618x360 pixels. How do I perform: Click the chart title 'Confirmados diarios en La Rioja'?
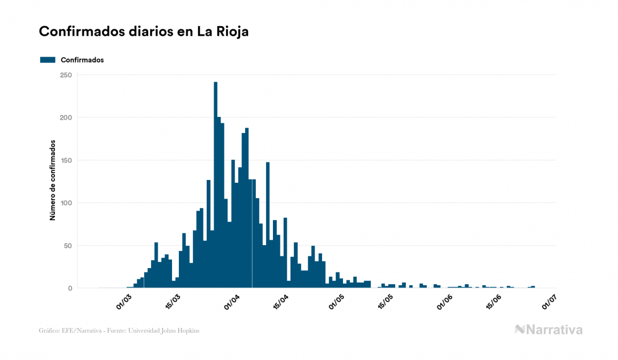[x=144, y=32]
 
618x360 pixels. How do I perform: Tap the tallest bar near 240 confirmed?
[x=215, y=184]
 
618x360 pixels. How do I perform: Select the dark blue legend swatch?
[x=48, y=60]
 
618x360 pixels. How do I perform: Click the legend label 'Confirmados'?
[x=82, y=60]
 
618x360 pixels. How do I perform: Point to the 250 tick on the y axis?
[x=66, y=75]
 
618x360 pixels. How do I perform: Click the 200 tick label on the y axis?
[x=66, y=118]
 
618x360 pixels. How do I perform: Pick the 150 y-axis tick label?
[x=66, y=160]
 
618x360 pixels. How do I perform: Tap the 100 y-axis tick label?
[x=66, y=203]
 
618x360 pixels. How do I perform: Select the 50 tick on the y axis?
[x=67, y=246]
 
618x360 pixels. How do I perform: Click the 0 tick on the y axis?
[x=69, y=288]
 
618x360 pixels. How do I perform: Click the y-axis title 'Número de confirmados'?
[x=53, y=181]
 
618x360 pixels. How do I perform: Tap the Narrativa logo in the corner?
[x=549, y=330]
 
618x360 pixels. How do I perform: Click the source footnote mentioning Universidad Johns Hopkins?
[x=119, y=331]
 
